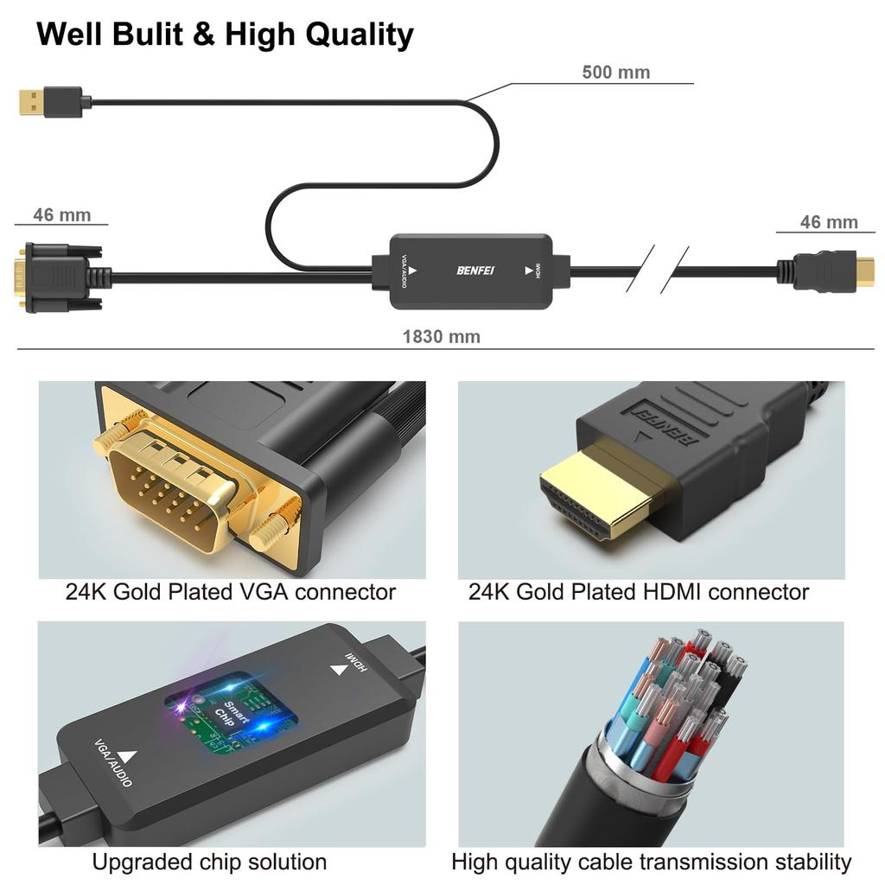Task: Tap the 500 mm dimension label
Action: click(x=615, y=72)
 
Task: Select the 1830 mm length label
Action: click(x=441, y=336)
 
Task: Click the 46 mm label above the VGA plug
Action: click(x=61, y=215)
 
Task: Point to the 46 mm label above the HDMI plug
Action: click(x=828, y=222)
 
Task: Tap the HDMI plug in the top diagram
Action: click(x=834, y=271)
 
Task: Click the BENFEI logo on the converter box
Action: click(x=474, y=271)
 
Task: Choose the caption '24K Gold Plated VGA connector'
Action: click(x=231, y=592)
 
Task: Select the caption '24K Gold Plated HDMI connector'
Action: click(x=639, y=592)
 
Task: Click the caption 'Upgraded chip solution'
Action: click(x=209, y=862)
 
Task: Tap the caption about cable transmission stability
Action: click(x=651, y=862)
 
